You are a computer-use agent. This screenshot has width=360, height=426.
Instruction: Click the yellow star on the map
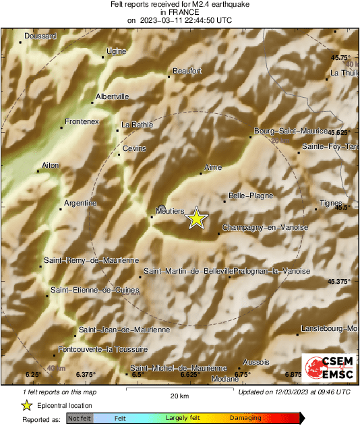click(196, 218)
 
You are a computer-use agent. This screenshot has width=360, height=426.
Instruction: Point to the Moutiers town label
click(170, 211)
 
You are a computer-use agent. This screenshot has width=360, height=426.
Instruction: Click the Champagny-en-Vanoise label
click(264, 228)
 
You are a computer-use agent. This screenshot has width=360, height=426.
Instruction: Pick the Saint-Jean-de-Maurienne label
click(124, 330)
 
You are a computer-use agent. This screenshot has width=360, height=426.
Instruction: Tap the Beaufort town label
click(187, 70)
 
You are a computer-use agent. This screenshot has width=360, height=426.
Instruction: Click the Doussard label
click(40, 36)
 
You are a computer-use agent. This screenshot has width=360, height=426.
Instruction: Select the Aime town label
click(212, 166)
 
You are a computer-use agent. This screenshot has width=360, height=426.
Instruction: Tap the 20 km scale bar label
click(179, 395)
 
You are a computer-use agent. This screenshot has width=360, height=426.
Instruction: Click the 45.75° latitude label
click(340, 58)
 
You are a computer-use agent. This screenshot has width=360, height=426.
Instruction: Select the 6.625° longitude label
click(188, 374)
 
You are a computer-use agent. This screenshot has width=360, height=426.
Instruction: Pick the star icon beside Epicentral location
click(26, 405)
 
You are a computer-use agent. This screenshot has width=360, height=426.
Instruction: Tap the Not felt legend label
click(79, 419)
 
